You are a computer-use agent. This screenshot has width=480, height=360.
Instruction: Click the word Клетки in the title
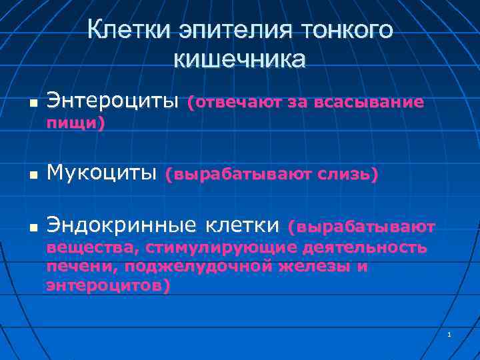[126, 30]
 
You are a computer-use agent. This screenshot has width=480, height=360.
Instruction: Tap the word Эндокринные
[129, 227]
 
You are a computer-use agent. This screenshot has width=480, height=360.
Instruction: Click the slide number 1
[450, 334]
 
